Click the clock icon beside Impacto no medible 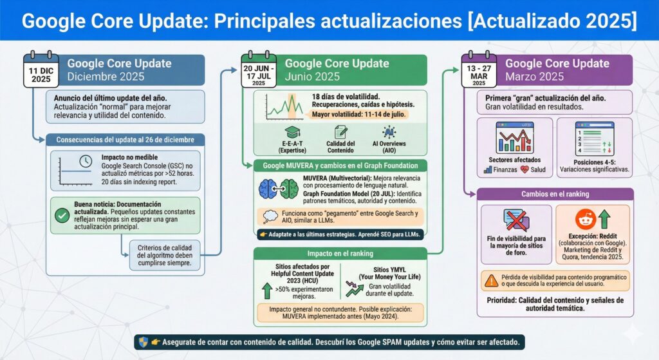85,162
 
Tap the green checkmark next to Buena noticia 62,216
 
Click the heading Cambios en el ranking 555,194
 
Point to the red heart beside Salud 524,170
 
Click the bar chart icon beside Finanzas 488,170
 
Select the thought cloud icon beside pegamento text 271,216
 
